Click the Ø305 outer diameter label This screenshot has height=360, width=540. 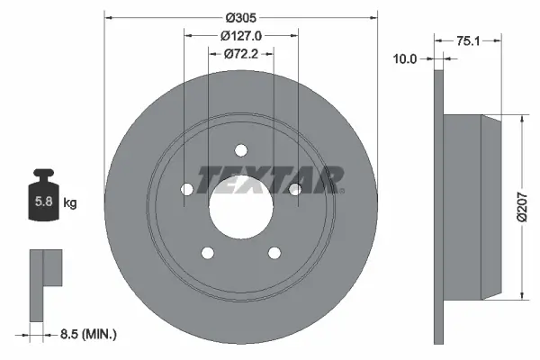240,17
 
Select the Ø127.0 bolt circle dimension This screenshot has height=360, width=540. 240,36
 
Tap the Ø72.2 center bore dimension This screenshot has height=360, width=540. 241,55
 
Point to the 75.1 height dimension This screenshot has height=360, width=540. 465,40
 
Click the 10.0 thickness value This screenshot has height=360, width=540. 407,59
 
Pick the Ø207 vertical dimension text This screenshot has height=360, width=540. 531,206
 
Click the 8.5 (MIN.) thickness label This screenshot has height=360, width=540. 87,334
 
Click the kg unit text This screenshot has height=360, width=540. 70,203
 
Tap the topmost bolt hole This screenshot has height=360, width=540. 240,150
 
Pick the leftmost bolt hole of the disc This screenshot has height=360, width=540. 186,189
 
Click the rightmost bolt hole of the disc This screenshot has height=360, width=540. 294,187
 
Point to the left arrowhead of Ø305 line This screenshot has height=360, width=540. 109,17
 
